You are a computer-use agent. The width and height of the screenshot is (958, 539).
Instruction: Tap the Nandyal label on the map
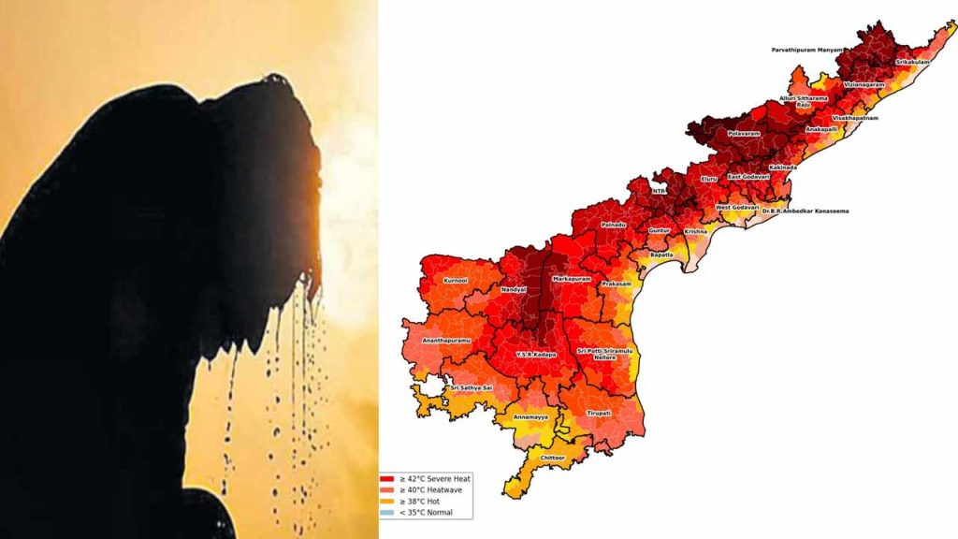(x=514, y=290)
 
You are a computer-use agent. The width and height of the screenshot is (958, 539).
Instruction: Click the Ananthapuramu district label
(x=445, y=340)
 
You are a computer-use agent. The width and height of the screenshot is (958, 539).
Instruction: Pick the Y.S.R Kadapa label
(x=536, y=355)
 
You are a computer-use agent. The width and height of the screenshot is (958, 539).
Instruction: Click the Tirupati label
(x=598, y=412)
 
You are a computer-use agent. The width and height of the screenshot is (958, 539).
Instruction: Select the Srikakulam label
(x=912, y=62)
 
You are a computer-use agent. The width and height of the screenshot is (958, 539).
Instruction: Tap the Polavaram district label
(x=744, y=134)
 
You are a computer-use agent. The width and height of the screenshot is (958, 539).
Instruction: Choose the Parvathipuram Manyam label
(x=806, y=49)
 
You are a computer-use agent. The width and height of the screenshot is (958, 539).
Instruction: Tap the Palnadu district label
(x=613, y=225)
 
